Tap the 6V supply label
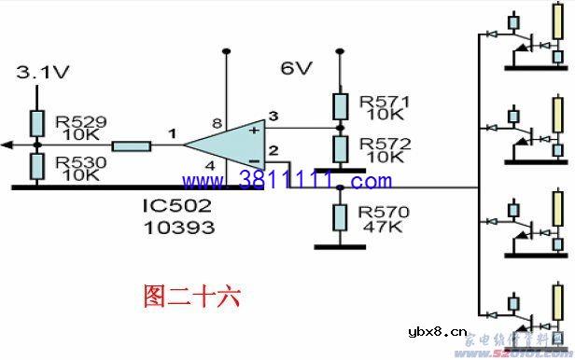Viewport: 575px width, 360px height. (297, 69)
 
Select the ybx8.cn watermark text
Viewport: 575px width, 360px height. (430, 332)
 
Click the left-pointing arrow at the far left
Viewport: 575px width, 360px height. (7, 145)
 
